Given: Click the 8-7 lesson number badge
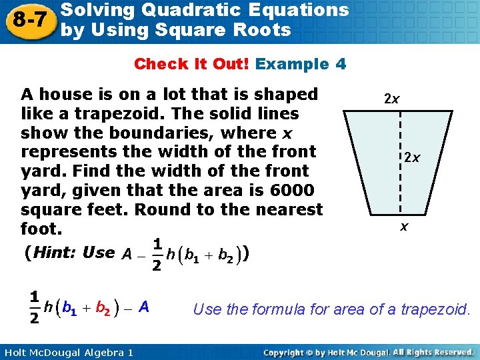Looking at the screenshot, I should pyautogui.click(x=27, y=21).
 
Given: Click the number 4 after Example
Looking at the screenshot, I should pyautogui.click(x=341, y=64).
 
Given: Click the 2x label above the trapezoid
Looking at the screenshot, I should pyautogui.click(x=392, y=99).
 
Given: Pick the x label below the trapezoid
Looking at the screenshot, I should pyautogui.click(x=404, y=227).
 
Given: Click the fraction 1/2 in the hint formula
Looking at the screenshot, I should pyautogui.click(x=156, y=255).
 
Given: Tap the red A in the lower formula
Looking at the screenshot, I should pyautogui.click(x=144, y=307).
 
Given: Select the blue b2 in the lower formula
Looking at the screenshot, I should pyautogui.click(x=103, y=308).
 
